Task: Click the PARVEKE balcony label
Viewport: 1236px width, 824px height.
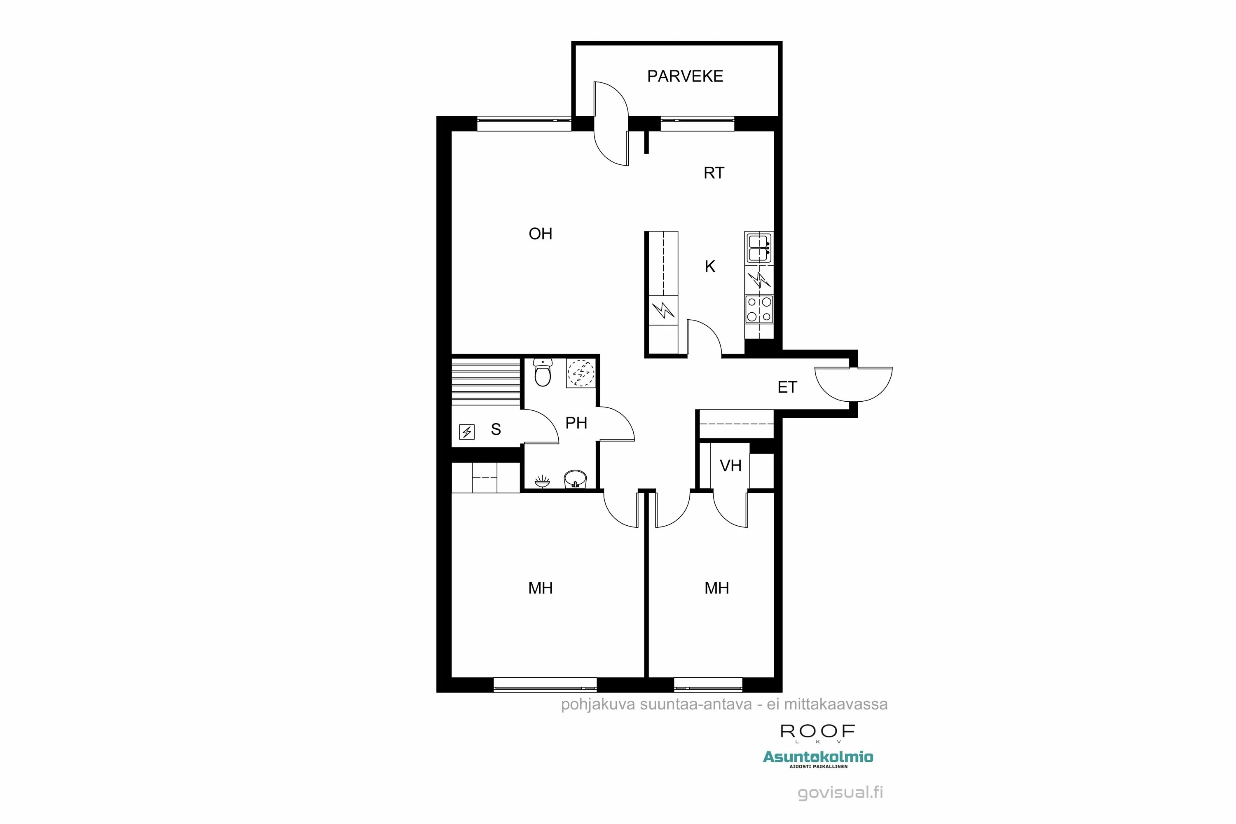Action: [x=685, y=77]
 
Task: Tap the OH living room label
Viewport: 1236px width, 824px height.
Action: [x=540, y=234]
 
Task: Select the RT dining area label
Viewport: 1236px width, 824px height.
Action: [x=714, y=173]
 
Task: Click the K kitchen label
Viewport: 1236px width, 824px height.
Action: [x=710, y=267]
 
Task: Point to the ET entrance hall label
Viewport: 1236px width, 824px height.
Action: [x=787, y=388]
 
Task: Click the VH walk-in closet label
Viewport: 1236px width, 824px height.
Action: [x=730, y=466]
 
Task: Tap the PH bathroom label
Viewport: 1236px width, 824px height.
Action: [x=576, y=423]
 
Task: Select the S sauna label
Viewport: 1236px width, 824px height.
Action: [x=496, y=430]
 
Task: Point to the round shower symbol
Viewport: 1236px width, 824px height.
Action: [x=581, y=373]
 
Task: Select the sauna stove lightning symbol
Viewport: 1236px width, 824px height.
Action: [x=467, y=432]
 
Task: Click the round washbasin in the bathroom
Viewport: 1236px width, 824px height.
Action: [x=575, y=479]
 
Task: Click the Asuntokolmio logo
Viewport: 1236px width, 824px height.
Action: [x=818, y=757]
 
